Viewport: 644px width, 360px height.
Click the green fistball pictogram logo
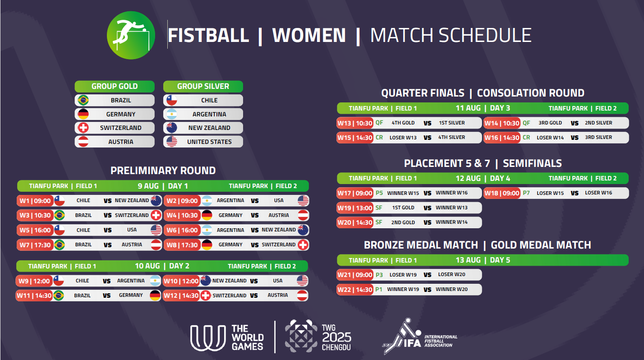(131, 35)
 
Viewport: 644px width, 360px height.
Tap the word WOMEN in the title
(309, 35)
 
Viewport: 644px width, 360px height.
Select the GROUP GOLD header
(115, 86)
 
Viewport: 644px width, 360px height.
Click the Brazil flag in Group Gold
(83, 100)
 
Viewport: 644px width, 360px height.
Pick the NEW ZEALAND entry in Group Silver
(209, 128)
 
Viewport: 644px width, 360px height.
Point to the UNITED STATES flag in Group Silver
(172, 142)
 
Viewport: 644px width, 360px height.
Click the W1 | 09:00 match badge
(35, 201)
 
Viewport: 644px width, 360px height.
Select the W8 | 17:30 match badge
(182, 245)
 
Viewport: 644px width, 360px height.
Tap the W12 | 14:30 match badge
(181, 295)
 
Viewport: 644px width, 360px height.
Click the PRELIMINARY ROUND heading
(163, 171)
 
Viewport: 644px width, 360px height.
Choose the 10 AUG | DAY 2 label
(162, 266)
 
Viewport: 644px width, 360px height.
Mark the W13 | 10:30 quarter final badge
(355, 123)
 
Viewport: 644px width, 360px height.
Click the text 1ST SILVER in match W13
(452, 123)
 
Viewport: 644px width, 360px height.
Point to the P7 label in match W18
(526, 193)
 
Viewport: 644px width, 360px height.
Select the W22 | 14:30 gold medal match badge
(355, 290)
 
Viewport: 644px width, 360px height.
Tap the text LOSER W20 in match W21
(452, 275)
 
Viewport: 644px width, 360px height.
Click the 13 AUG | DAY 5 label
(483, 260)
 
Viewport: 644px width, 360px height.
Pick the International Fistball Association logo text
(441, 341)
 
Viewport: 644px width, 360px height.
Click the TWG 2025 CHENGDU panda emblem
(301, 336)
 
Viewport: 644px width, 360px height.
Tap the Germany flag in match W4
(207, 215)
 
